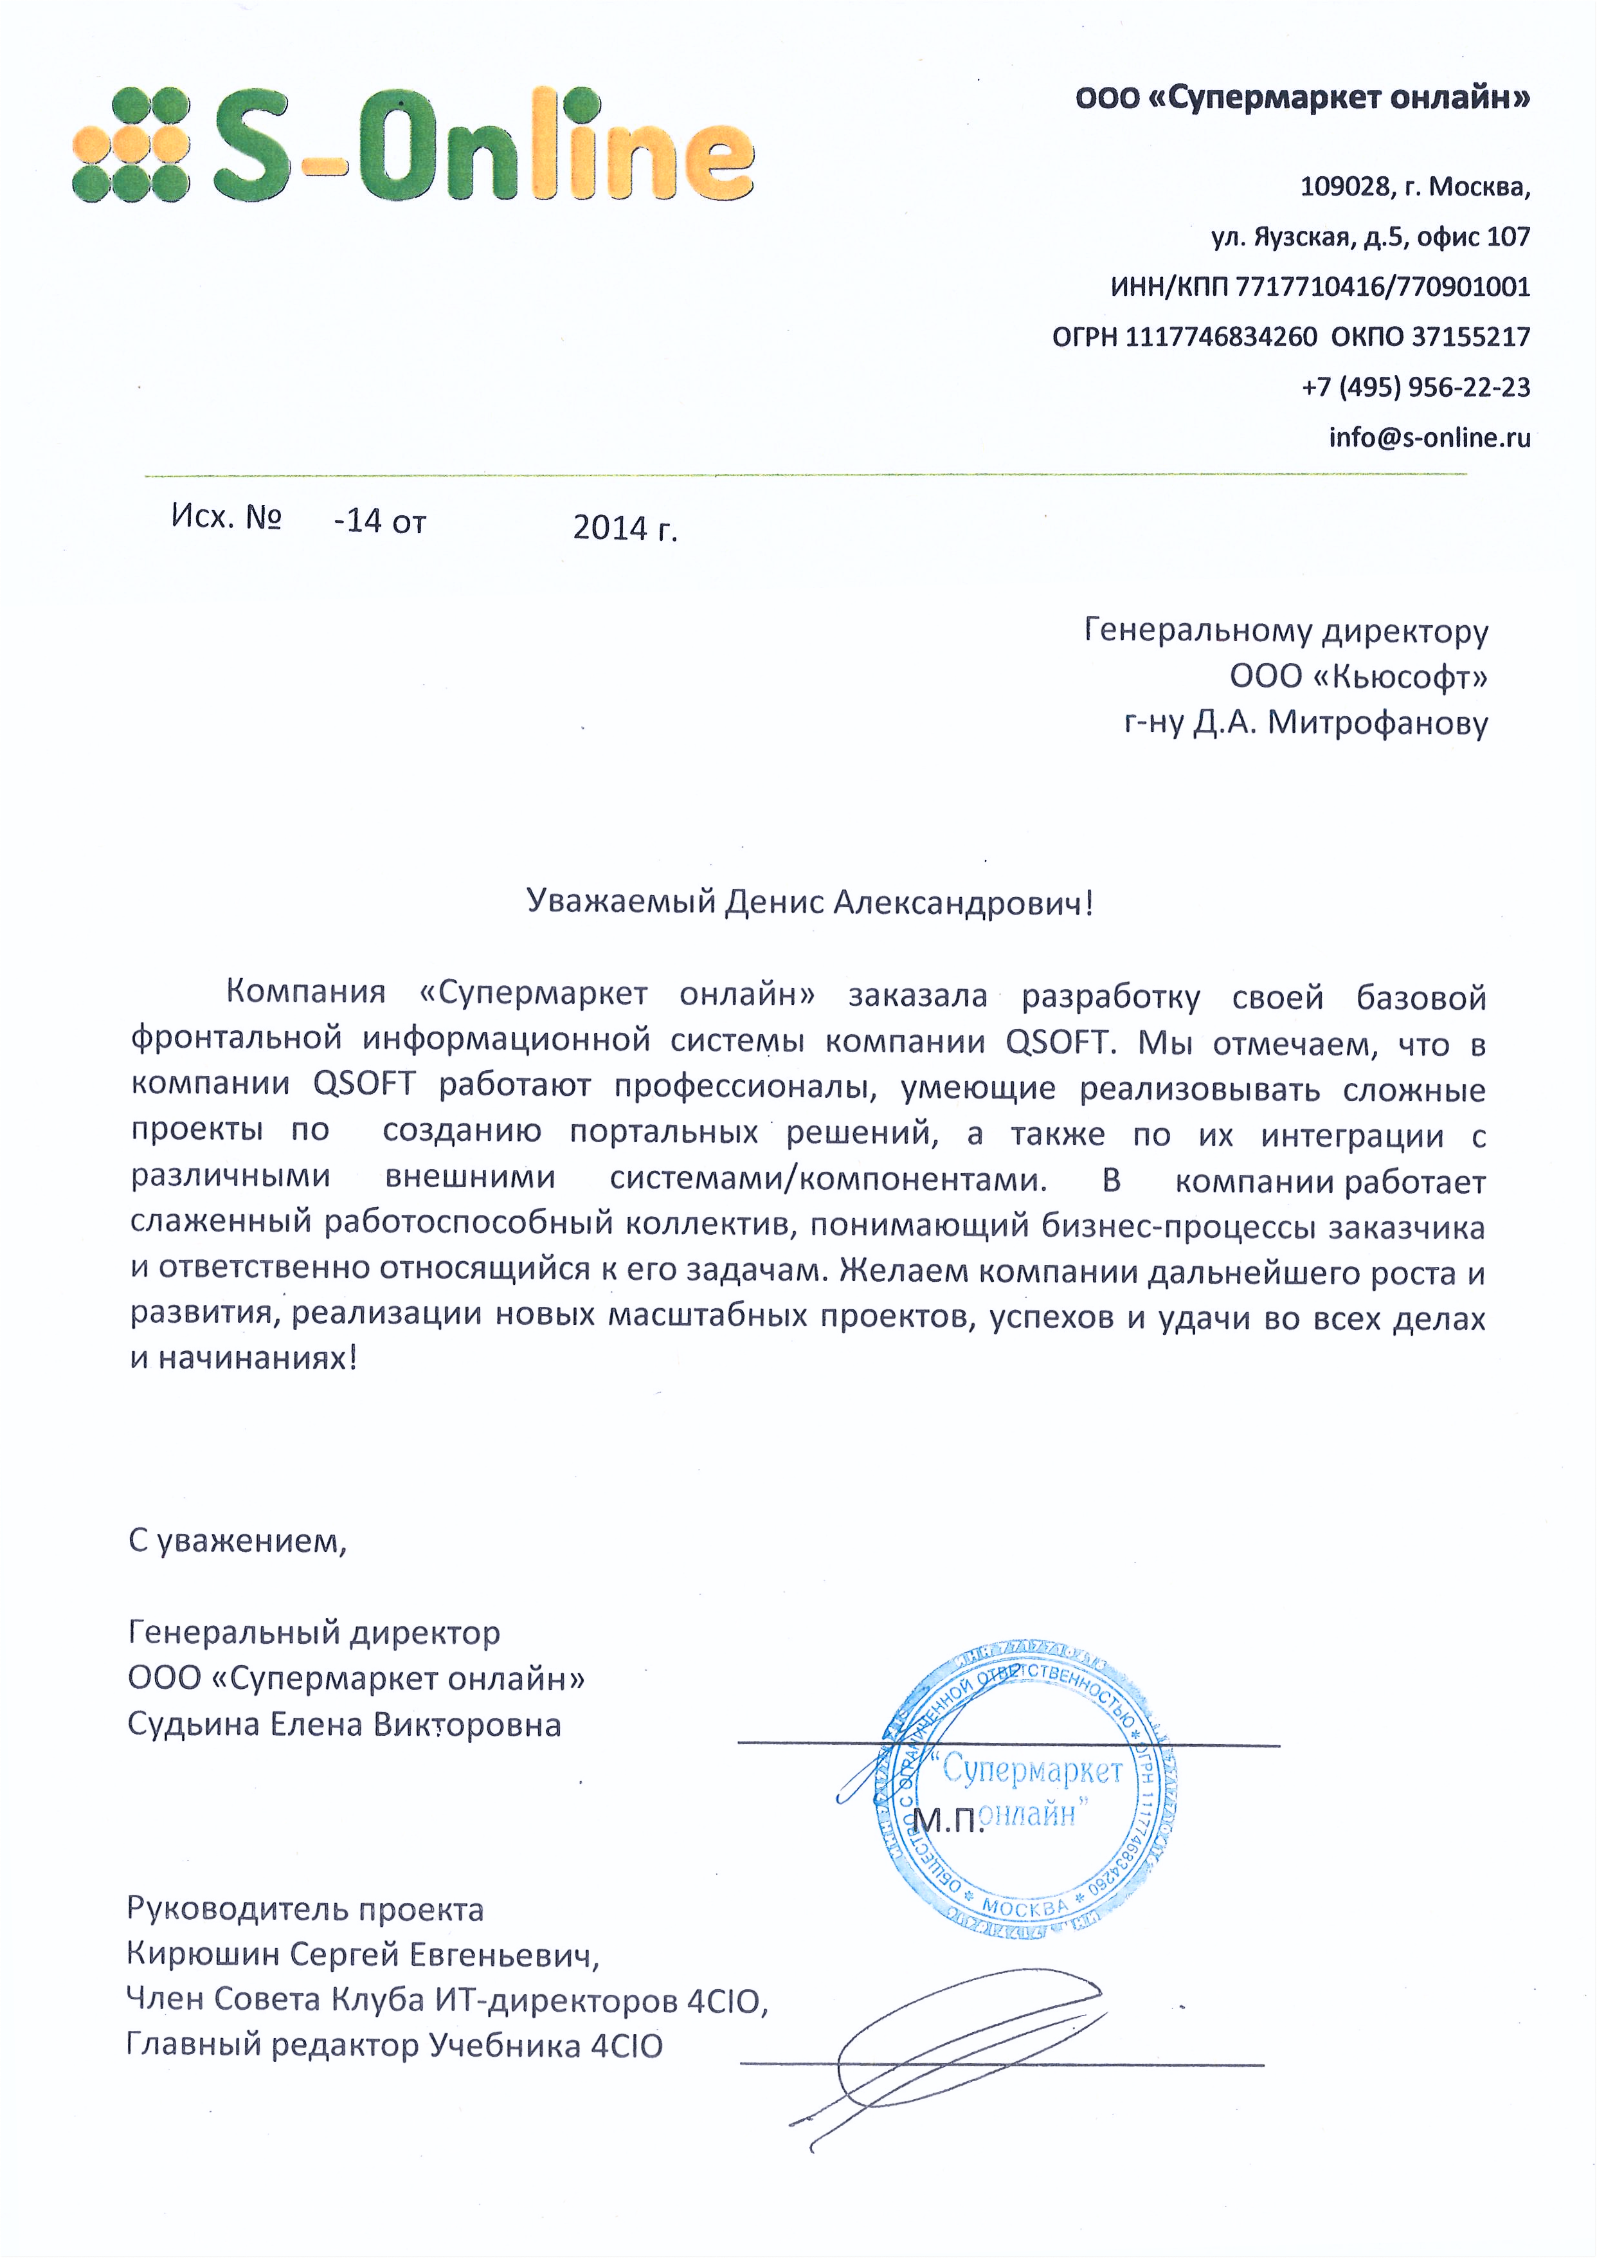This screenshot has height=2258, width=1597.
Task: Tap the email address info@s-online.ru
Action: click(1429, 437)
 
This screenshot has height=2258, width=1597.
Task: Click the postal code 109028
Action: click(1343, 186)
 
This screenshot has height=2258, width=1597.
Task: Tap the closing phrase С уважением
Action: click(237, 1541)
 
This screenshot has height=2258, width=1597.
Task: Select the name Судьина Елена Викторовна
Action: click(344, 1725)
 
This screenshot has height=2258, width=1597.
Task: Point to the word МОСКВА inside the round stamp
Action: click(1025, 1907)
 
